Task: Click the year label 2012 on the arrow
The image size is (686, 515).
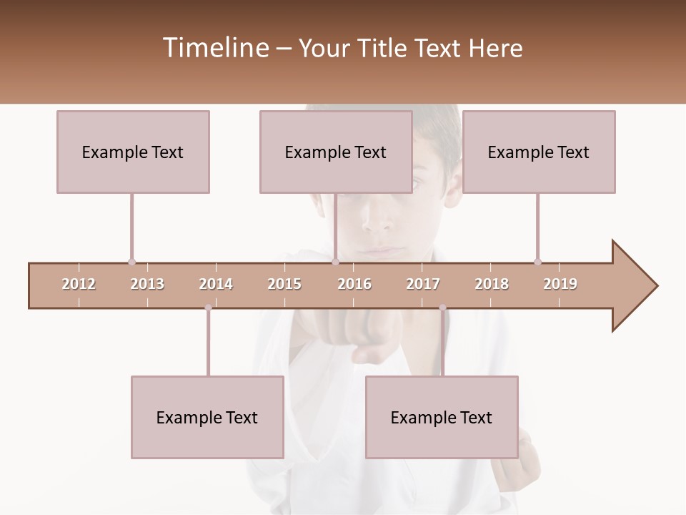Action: click(x=79, y=284)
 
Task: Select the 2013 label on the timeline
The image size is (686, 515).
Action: click(x=147, y=284)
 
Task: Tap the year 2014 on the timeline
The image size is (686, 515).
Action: click(x=216, y=284)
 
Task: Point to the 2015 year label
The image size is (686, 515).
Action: click(x=284, y=284)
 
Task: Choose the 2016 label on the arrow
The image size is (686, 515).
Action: click(x=354, y=284)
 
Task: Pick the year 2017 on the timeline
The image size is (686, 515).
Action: click(x=423, y=284)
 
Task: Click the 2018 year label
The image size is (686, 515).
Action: click(x=492, y=284)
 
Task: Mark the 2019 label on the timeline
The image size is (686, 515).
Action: click(x=560, y=284)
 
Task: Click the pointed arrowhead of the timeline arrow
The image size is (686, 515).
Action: click(x=636, y=286)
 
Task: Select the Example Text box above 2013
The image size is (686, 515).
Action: click(x=133, y=152)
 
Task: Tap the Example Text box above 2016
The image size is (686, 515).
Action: click(x=336, y=152)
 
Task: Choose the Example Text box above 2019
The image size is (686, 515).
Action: click(x=539, y=152)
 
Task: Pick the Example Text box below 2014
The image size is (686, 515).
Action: click(x=207, y=417)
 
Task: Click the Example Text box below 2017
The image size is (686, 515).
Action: click(x=442, y=417)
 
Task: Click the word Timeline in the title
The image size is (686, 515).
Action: click(x=214, y=48)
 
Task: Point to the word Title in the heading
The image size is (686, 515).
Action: click(x=386, y=48)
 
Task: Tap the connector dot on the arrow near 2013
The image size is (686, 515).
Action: click(x=131, y=262)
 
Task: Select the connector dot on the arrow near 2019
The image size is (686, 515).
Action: click(x=537, y=262)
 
